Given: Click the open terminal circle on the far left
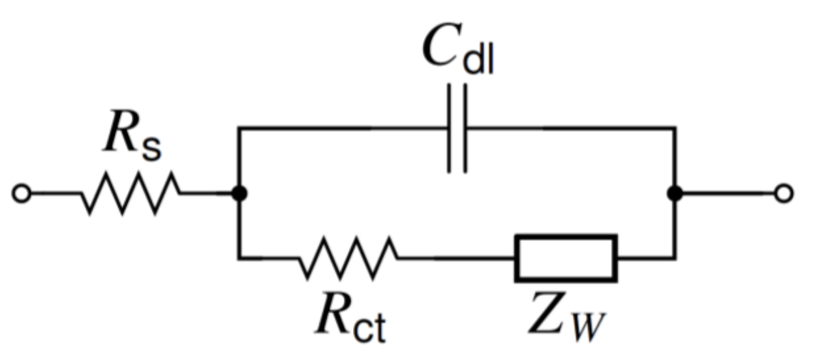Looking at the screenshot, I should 22,194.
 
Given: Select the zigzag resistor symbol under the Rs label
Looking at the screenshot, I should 130,193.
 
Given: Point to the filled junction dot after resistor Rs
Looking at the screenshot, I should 240,194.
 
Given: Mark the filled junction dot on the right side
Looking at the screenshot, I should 675,194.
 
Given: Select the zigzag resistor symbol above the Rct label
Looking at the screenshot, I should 348,258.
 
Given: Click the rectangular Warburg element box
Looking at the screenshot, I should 566,258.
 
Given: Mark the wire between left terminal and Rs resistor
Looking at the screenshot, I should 55,194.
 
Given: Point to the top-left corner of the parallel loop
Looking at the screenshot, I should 240,129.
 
